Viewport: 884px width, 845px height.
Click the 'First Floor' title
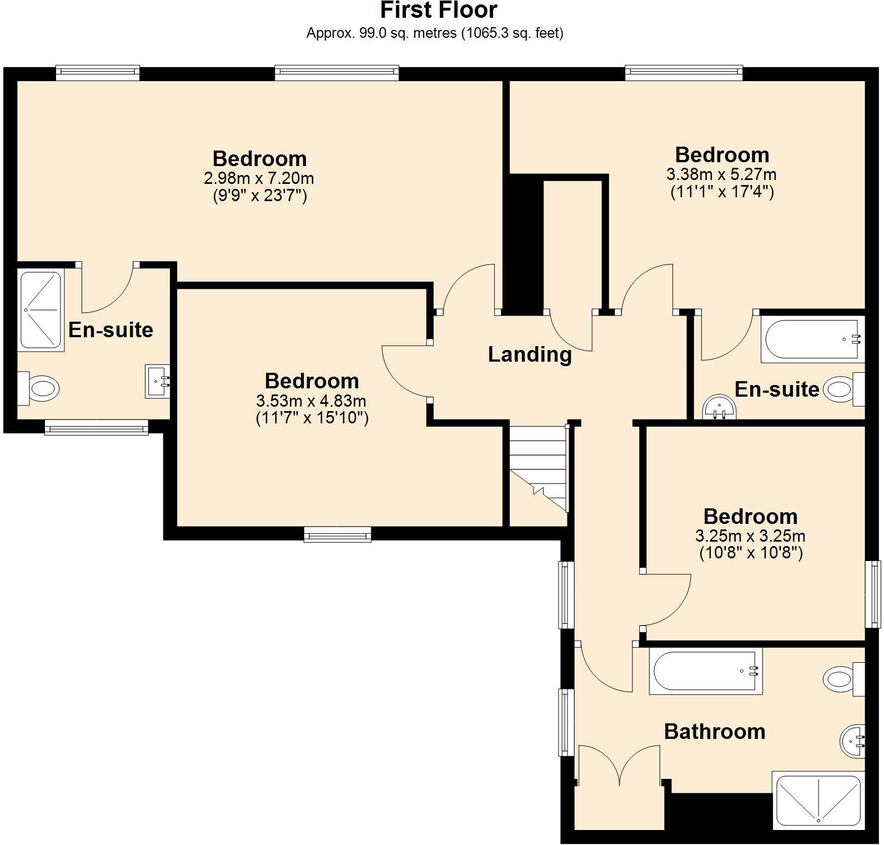[439, 10]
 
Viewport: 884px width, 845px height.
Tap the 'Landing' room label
[530, 354]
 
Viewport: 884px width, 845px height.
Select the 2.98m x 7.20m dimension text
[259, 179]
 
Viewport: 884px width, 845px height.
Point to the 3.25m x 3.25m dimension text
[750, 536]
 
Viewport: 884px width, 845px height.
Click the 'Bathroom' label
[715, 732]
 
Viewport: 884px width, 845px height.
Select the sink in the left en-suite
[158, 381]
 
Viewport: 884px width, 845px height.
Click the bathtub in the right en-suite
[813, 339]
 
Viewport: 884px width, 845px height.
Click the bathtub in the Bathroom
[706, 671]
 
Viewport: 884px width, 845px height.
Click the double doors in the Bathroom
[619, 766]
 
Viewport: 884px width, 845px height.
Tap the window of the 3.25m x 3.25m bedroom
[876, 594]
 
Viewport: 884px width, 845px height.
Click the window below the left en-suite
[97, 427]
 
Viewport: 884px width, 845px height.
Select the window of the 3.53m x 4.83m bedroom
[338, 534]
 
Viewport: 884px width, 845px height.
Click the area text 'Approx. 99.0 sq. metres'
[381, 33]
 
